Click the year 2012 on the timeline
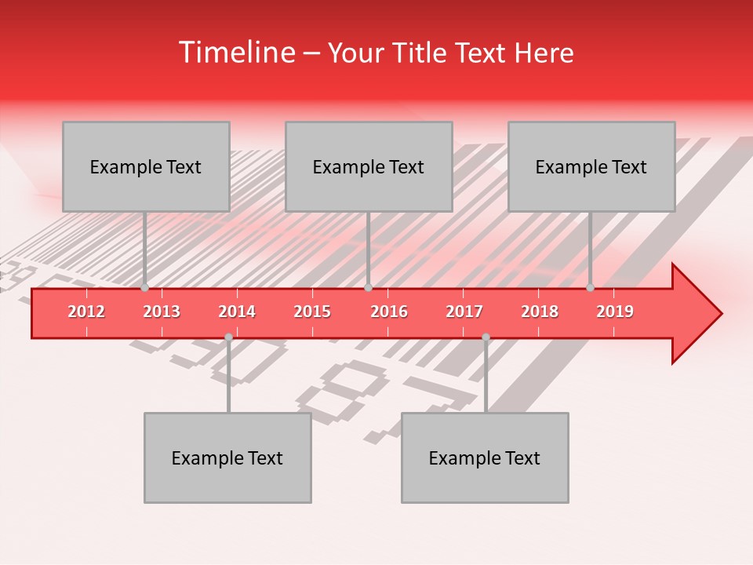[x=86, y=312]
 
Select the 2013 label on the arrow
[x=162, y=312]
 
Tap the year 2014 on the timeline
[x=237, y=312]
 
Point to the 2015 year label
[x=312, y=312]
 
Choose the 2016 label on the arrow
[x=389, y=312]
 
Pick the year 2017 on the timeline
[x=464, y=312]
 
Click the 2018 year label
[x=540, y=312]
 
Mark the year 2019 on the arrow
[x=615, y=312]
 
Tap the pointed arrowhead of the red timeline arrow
[x=698, y=313]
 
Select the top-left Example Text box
[x=146, y=166]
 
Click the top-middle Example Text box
[x=369, y=166]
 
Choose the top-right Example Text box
[x=591, y=166]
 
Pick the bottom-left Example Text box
[x=227, y=457]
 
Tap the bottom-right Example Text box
[x=485, y=457]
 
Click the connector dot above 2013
[x=144, y=288]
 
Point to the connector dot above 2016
[x=368, y=288]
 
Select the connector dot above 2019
[x=591, y=288]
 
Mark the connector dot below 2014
[x=228, y=337]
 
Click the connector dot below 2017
[x=486, y=337]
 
